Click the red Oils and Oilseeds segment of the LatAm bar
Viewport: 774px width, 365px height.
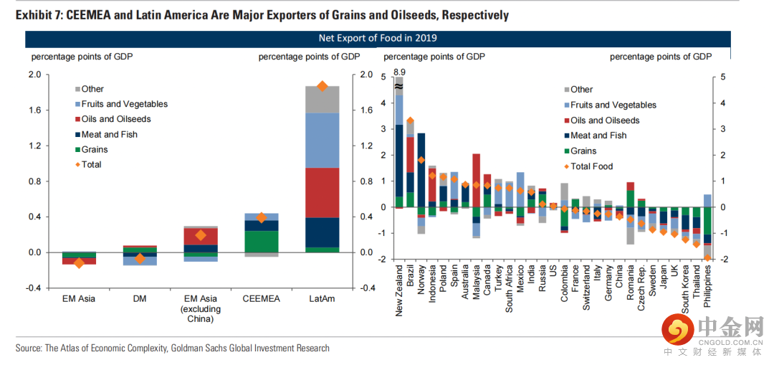pyautogui.click(x=322, y=192)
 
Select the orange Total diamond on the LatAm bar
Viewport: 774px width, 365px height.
pyautogui.click(x=322, y=86)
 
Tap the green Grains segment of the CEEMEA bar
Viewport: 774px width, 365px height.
pyautogui.click(x=262, y=242)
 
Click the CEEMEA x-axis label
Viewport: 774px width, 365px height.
pyautogui.click(x=262, y=298)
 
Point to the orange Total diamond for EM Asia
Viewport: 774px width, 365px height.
pyautogui.click(x=79, y=263)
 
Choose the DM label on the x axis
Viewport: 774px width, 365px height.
pyautogui.click(x=140, y=298)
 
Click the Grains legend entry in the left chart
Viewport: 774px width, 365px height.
pyautogui.click(x=94, y=150)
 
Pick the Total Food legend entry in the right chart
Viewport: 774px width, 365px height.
pyautogui.click(x=592, y=166)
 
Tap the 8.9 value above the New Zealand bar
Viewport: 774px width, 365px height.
pyautogui.click(x=399, y=72)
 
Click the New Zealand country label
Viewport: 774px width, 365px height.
pyautogui.click(x=399, y=291)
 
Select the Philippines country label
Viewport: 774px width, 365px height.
pyautogui.click(x=707, y=287)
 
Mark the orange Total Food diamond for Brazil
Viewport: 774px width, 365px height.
pyautogui.click(x=410, y=121)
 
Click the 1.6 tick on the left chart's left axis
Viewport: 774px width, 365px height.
pyautogui.click(x=34, y=110)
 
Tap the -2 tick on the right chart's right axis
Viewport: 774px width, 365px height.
pyautogui.click(x=723, y=259)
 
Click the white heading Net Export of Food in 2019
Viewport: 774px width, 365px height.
pyautogui.click(x=378, y=38)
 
